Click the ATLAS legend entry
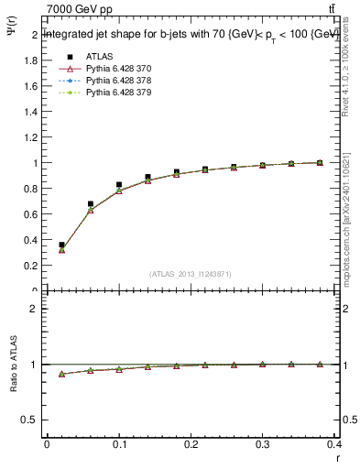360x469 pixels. [98, 57]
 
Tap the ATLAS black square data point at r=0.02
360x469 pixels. [61, 245]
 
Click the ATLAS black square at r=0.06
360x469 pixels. [90, 204]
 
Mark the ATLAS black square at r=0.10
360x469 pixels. [119, 185]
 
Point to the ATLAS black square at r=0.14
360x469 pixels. [147, 178]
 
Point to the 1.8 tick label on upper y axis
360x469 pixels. [29, 60]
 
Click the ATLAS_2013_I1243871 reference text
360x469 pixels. [191, 275]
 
